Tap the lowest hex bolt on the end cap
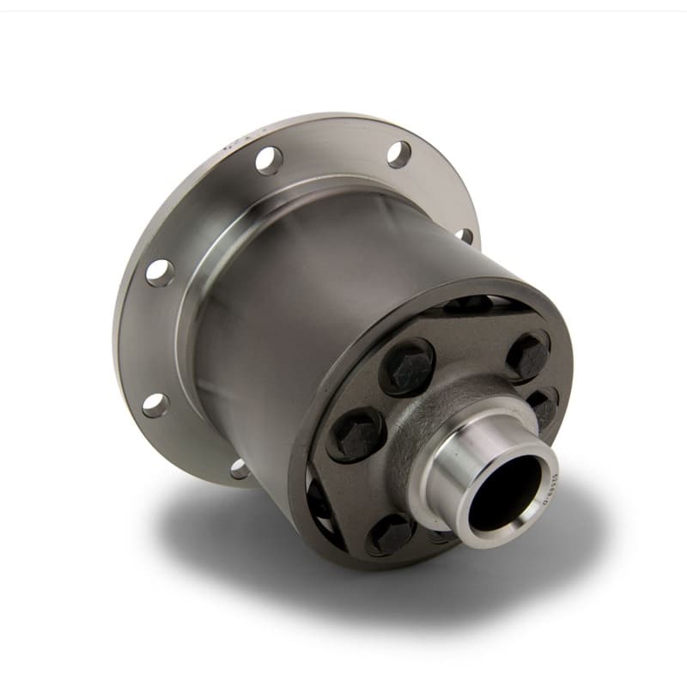pyautogui.click(x=390, y=534)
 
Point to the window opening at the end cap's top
pyautogui.click(x=468, y=303)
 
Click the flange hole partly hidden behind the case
pyautogui.click(x=465, y=234)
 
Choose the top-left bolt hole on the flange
pyautogui.click(x=268, y=160)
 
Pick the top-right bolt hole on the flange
pyautogui.click(x=398, y=154)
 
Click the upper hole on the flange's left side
pyautogui.click(x=160, y=272)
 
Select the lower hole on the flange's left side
pyautogui.click(x=155, y=404)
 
